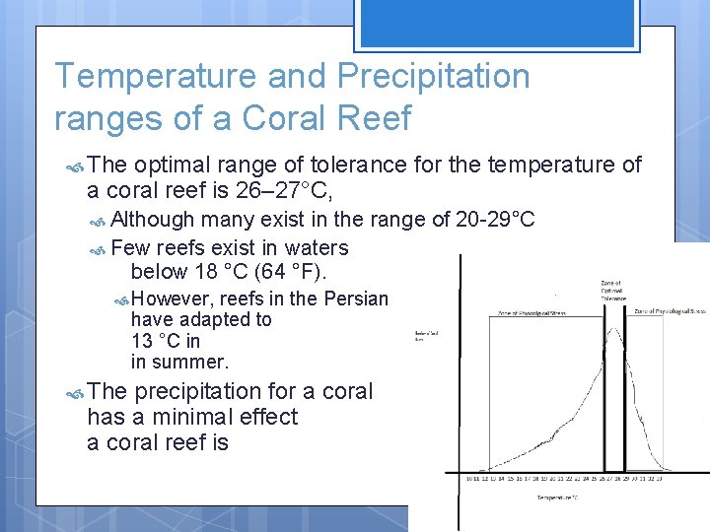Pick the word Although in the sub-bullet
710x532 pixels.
[x=153, y=219]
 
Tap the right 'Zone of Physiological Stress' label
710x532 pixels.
[x=671, y=311]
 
